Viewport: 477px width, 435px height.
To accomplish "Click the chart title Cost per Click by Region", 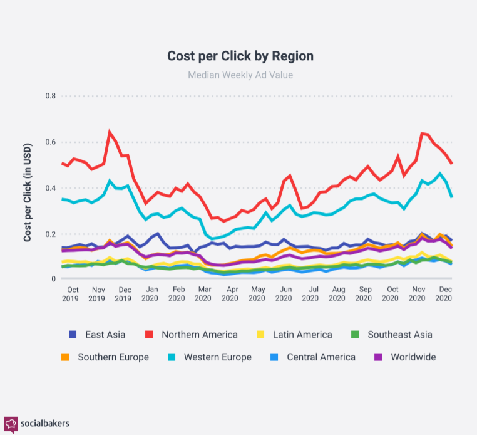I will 240,56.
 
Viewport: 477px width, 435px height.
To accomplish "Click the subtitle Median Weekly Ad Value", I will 240,75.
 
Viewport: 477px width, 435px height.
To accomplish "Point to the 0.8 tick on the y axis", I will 50,96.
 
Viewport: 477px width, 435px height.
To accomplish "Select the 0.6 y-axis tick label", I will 50,142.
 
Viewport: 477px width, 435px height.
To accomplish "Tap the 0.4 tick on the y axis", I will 50,188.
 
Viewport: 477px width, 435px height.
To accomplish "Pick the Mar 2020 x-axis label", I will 203,294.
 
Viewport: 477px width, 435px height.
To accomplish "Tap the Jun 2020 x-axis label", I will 285,294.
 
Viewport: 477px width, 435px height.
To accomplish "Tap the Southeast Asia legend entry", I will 391,335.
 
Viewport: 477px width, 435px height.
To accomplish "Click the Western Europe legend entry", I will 209,357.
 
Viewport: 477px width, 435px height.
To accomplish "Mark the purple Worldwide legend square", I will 379,357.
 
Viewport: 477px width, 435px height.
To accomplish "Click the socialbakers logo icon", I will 11,424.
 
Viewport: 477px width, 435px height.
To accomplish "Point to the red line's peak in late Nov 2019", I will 110,132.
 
